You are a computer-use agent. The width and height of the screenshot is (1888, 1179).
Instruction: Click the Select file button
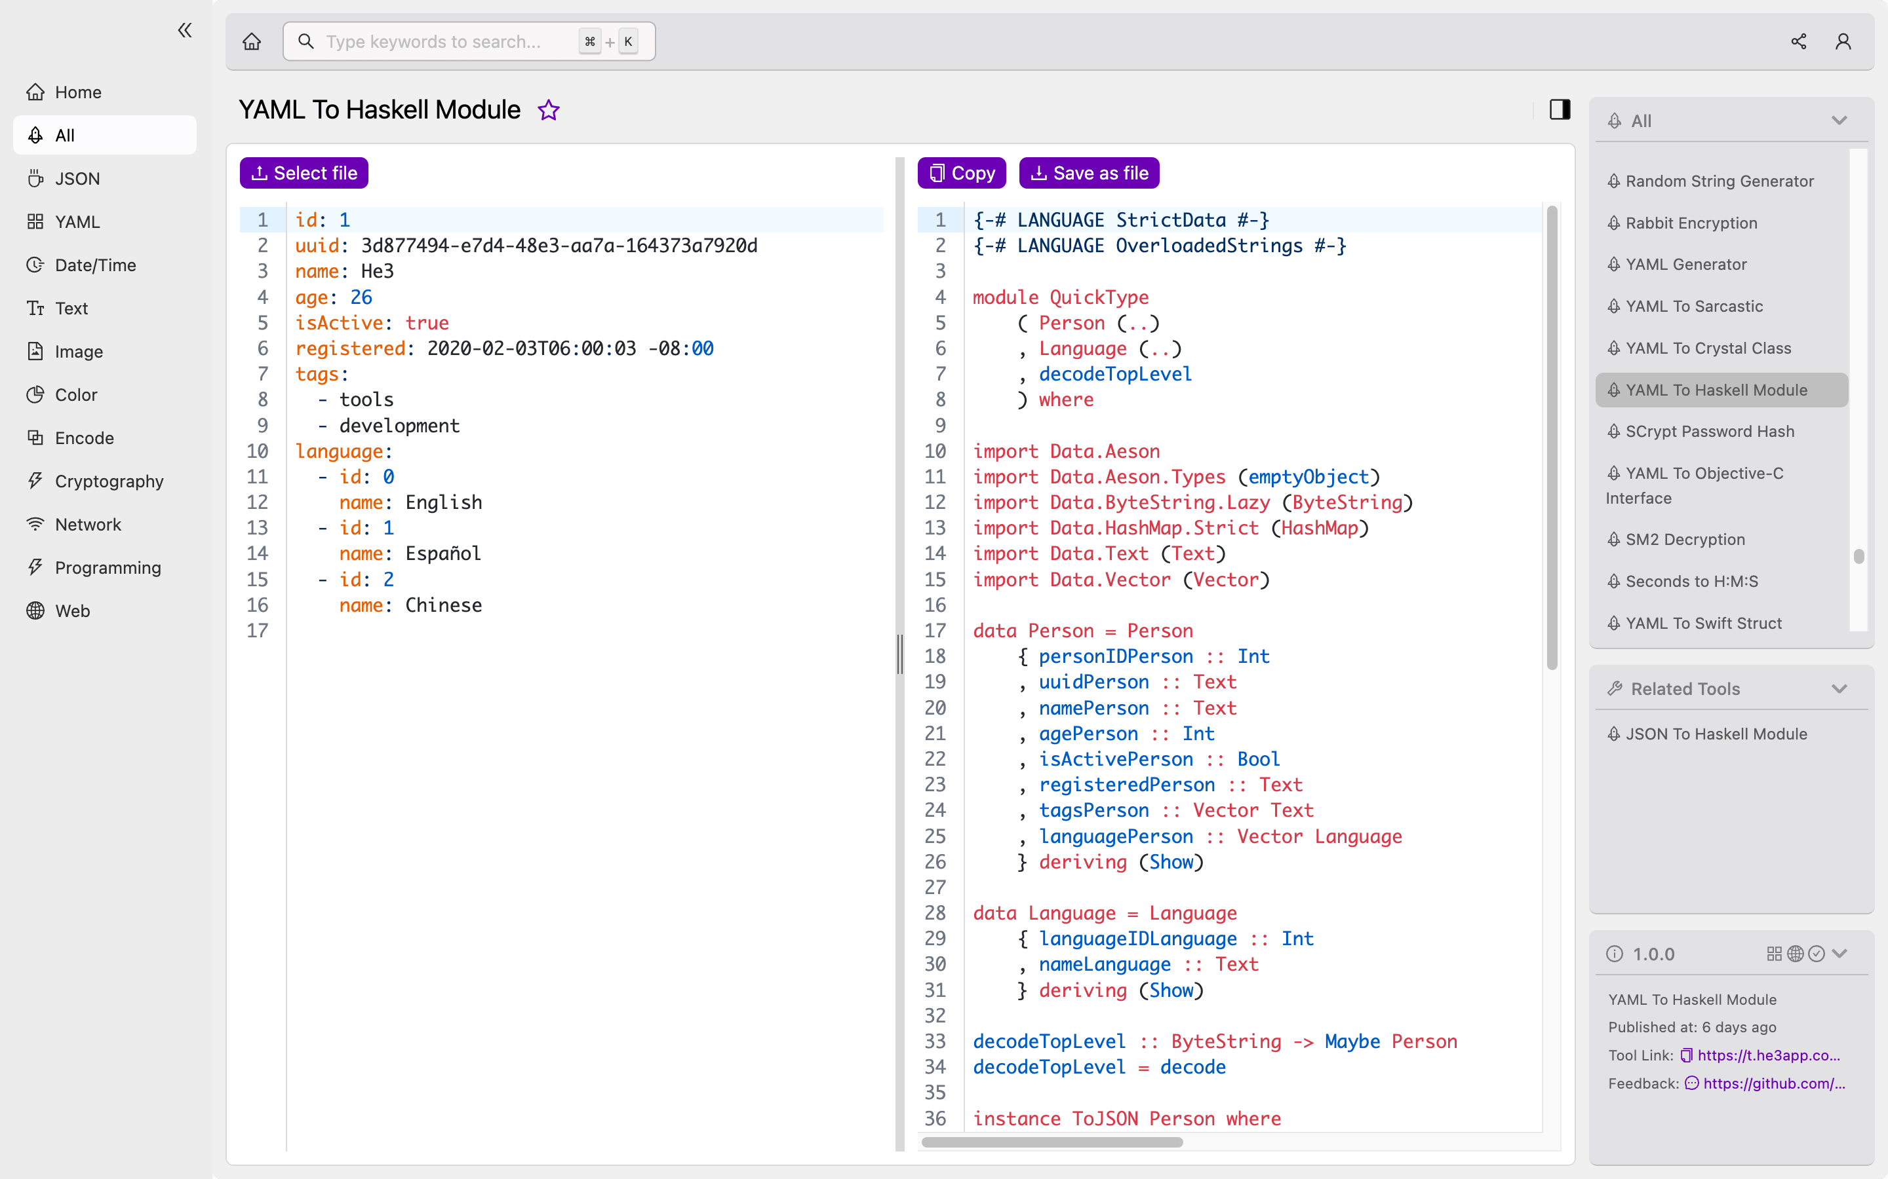(x=304, y=173)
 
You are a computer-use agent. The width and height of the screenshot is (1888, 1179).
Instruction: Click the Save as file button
(x=1088, y=173)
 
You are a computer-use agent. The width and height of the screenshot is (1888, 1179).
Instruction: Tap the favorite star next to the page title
(x=549, y=110)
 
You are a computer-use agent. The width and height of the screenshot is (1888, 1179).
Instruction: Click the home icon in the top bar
(x=251, y=41)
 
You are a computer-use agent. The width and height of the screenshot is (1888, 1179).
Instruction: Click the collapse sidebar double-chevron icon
(x=185, y=30)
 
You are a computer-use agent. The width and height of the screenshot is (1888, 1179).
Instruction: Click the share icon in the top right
(x=1798, y=41)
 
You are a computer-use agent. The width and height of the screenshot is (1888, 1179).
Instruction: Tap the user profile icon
(x=1843, y=41)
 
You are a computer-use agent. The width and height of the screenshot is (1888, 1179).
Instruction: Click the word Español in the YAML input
(x=443, y=553)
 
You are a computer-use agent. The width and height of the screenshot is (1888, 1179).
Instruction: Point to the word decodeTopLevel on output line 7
(x=1115, y=374)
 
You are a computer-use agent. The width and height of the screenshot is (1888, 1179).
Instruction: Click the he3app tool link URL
(x=1768, y=1055)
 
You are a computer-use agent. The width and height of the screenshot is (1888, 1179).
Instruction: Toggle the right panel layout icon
(x=1560, y=110)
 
